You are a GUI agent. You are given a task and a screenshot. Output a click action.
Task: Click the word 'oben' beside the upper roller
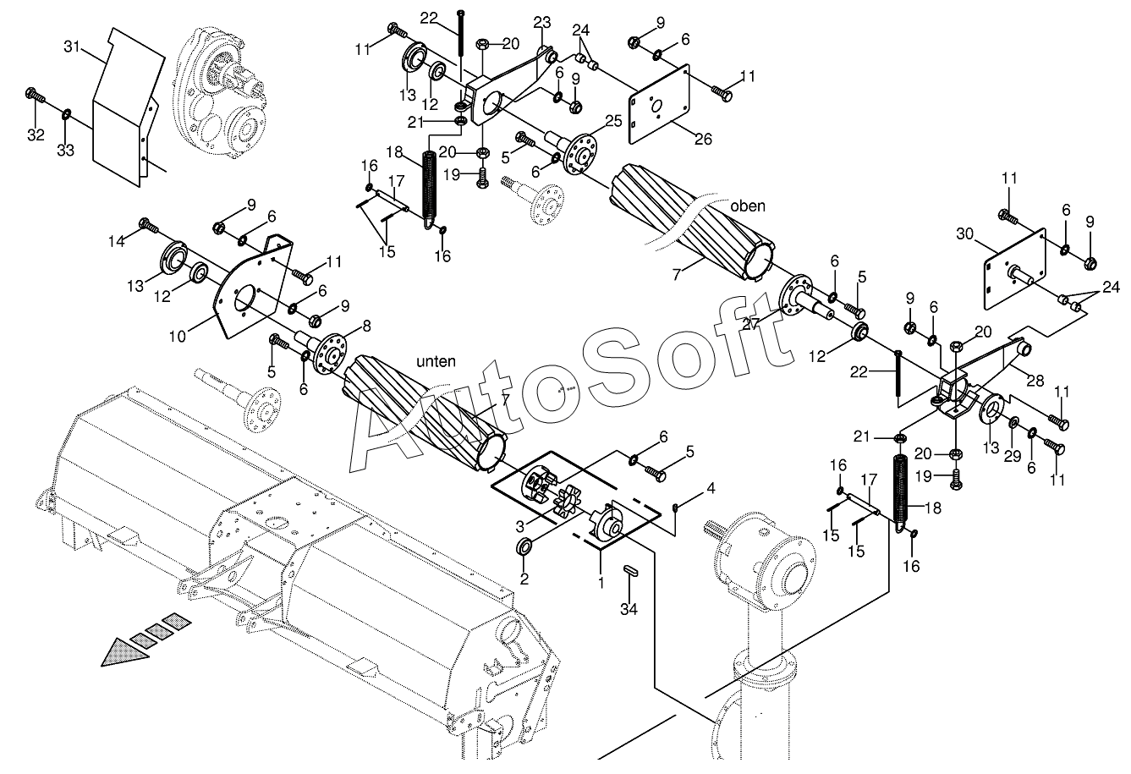pyautogui.click(x=748, y=206)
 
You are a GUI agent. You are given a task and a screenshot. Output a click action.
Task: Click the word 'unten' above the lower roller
pyautogui.click(x=436, y=361)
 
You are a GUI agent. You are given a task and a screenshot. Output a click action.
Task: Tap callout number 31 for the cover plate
pyautogui.click(x=72, y=47)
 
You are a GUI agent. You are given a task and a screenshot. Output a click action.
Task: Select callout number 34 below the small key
pyautogui.click(x=629, y=609)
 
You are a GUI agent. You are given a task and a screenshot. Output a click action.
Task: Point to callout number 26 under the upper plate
pyautogui.click(x=703, y=139)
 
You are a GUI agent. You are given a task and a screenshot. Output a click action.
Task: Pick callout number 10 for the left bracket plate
pyautogui.click(x=178, y=337)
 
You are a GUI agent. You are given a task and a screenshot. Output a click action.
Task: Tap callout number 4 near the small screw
pyautogui.click(x=711, y=488)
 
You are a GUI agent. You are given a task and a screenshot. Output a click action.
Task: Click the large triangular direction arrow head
pyautogui.click(x=126, y=652)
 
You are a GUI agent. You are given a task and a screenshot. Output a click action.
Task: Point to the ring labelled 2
pyautogui.click(x=524, y=546)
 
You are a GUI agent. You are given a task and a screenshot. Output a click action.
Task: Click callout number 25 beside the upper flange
pyautogui.click(x=613, y=121)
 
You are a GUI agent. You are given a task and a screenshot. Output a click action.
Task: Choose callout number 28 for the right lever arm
pyautogui.click(x=1035, y=381)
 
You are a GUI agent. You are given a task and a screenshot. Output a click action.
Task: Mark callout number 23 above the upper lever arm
pyautogui.click(x=541, y=23)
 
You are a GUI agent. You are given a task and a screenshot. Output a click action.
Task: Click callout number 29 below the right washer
pyautogui.click(x=1013, y=456)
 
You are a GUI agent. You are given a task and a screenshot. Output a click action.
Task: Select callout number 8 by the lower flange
pyautogui.click(x=366, y=327)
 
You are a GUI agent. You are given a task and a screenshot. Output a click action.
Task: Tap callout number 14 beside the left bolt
pyautogui.click(x=117, y=241)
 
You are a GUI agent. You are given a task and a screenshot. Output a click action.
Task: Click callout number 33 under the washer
pyautogui.click(x=66, y=150)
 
